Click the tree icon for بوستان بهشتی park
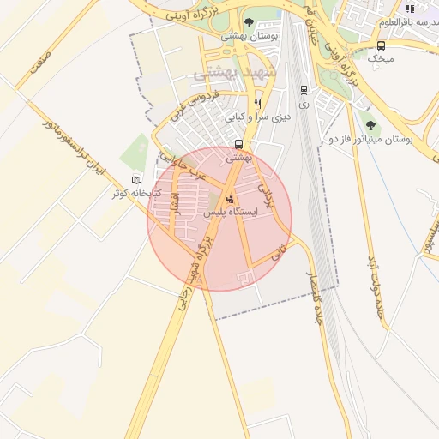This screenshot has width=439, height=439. [249, 22]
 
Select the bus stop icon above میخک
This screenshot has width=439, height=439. [381, 45]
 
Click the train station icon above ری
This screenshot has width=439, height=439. [304, 89]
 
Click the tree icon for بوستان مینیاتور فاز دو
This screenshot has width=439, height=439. [370, 125]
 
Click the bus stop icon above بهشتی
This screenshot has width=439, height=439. [238, 144]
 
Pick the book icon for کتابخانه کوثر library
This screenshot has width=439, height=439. [137, 180]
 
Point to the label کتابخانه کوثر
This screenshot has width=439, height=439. [131, 193]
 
